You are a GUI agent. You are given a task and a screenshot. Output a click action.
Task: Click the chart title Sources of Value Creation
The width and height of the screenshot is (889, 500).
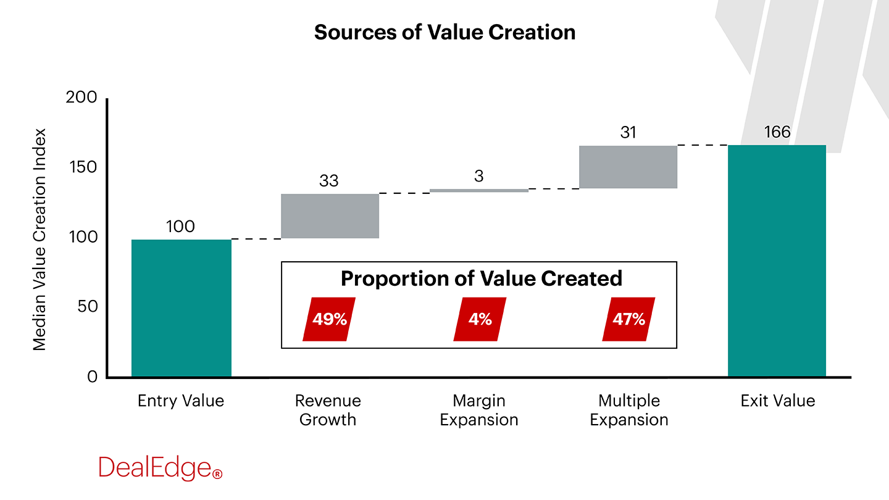click(444, 32)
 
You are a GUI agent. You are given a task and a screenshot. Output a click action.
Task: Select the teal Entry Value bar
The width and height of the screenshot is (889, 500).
click(181, 308)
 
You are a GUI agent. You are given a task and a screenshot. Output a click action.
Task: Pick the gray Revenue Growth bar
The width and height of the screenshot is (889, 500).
click(330, 216)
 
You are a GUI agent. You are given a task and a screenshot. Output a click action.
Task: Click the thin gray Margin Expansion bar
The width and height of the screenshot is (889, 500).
click(479, 191)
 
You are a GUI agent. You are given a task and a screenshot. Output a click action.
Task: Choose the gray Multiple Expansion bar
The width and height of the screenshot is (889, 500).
click(628, 167)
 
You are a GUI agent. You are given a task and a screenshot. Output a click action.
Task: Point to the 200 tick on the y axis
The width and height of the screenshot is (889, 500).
click(81, 98)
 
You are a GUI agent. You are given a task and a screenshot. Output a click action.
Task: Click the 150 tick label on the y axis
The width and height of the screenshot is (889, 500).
click(81, 167)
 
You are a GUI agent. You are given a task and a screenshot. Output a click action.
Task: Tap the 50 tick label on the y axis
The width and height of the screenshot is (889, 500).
click(86, 307)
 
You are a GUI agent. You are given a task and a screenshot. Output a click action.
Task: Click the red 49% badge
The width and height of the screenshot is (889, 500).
click(329, 319)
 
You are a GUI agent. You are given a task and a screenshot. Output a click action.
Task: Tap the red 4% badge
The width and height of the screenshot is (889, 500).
click(480, 319)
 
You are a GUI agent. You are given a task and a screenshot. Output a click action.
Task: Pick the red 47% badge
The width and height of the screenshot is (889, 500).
click(628, 319)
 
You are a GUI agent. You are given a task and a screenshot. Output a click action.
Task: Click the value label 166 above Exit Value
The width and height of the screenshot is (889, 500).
click(776, 132)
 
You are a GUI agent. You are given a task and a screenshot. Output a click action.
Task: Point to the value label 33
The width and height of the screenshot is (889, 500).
click(328, 181)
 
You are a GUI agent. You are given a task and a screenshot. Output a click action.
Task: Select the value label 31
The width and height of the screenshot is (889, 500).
click(628, 133)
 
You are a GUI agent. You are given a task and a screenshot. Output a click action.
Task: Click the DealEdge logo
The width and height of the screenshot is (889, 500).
click(160, 468)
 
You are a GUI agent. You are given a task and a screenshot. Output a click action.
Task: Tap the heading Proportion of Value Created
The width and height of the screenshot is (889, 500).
click(481, 278)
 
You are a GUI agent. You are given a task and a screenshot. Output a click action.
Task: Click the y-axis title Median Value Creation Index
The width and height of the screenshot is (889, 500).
click(40, 240)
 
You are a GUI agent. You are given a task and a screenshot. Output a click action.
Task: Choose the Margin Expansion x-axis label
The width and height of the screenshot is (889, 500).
click(479, 410)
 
